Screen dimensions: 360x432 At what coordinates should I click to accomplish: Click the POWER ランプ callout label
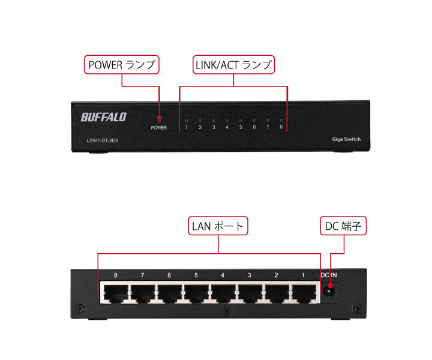pos(122,65)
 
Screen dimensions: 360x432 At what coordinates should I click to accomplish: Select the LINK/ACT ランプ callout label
pos(233,65)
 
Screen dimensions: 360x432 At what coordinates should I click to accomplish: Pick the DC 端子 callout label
pos(341,226)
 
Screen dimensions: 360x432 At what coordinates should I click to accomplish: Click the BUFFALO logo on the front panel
pos(103,116)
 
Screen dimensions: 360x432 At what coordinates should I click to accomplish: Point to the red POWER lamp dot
pos(159,118)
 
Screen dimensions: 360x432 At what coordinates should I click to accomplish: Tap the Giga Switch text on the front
pos(346,139)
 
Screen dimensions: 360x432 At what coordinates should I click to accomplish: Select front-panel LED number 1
pos(187,120)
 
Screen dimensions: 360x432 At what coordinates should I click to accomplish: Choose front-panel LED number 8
pos(281,120)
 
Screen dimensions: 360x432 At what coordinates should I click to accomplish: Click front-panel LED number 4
pos(227,120)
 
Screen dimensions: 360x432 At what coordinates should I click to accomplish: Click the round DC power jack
pos(329,292)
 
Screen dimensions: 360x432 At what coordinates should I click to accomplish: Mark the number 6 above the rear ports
pos(169,276)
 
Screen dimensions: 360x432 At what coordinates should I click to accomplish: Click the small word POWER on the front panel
pos(159,128)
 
